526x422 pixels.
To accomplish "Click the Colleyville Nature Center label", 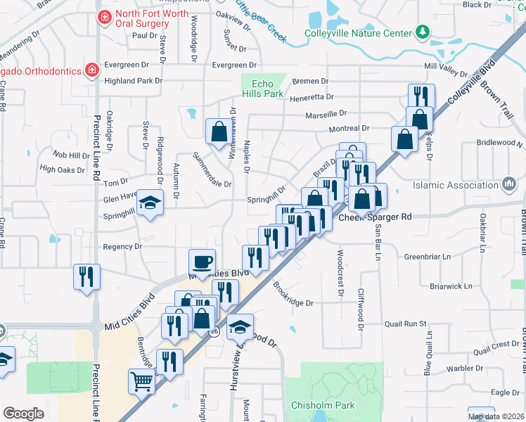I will pos(357,33).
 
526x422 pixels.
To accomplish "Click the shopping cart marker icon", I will pos(141,382).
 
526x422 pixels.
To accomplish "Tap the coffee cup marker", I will pos(202,262).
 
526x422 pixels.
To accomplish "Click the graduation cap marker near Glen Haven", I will pos(149,203).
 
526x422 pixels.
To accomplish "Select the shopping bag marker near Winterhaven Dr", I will pos(219,130).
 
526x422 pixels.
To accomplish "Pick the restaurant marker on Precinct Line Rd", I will pos(87,276).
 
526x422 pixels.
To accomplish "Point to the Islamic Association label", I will pos(456,186).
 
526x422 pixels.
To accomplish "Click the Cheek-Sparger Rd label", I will pos(375,217).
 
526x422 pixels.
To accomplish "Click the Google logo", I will pos(23,414).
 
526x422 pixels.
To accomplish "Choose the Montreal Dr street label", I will pos(349,129).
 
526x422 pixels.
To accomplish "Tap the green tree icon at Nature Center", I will pos(422,32).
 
